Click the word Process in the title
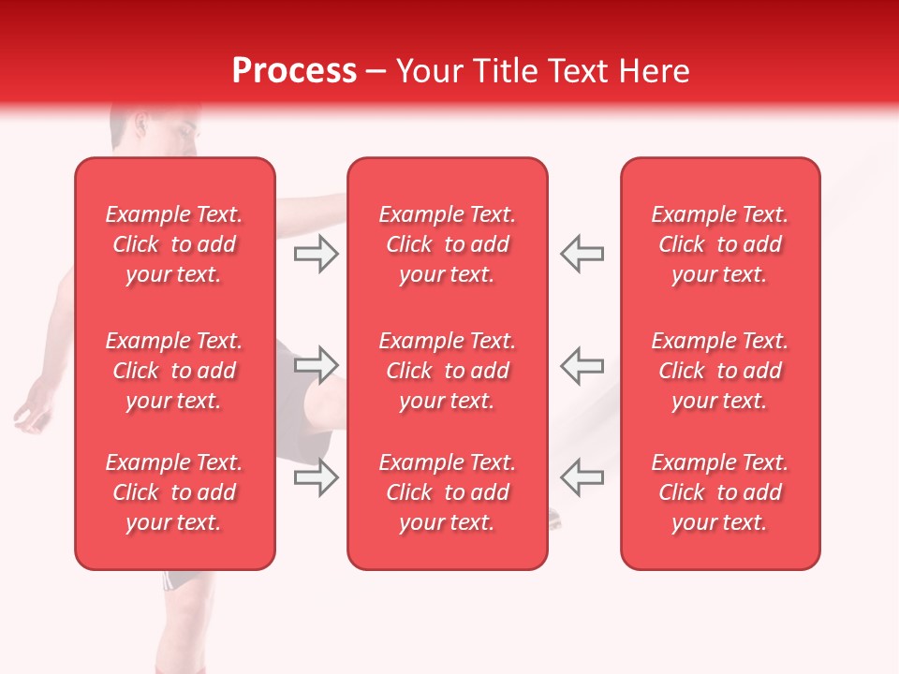click(x=294, y=71)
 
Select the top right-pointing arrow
click(x=316, y=254)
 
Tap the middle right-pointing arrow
click(x=316, y=364)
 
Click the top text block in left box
click(x=174, y=244)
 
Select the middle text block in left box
click(x=174, y=371)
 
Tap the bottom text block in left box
click(x=174, y=492)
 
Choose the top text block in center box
click(x=448, y=244)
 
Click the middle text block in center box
click(x=448, y=371)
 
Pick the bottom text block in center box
click(x=448, y=492)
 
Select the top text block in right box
click(x=720, y=244)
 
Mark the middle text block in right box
click(x=720, y=371)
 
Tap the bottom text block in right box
click(x=720, y=492)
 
